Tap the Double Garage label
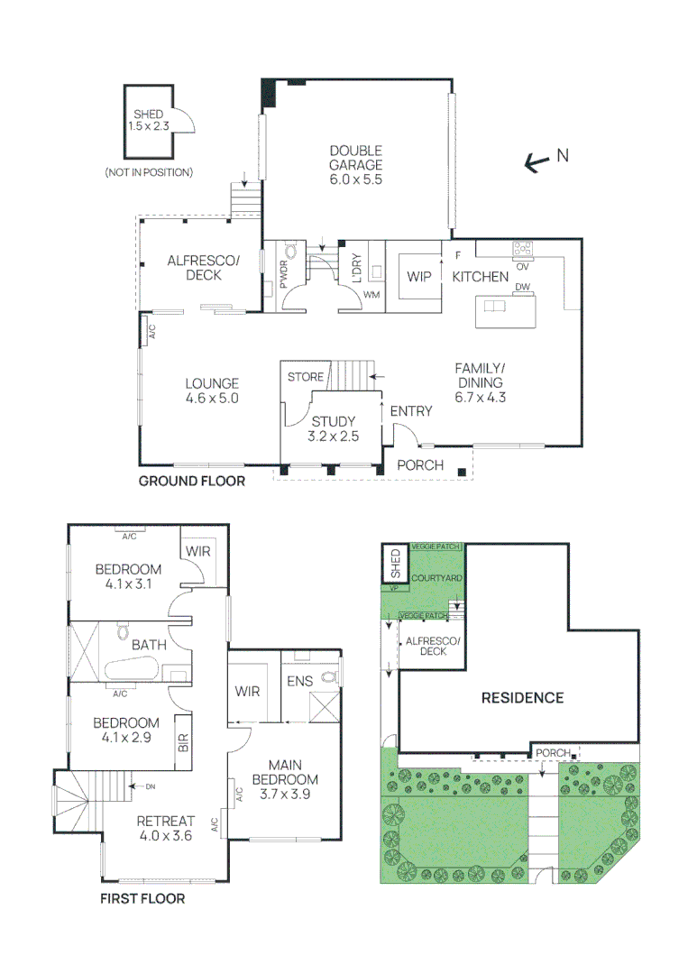click(x=355, y=165)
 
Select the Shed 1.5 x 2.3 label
click(x=149, y=121)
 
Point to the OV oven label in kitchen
click(x=521, y=266)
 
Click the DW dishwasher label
click(x=521, y=288)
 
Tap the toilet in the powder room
click(x=290, y=253)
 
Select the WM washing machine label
click(x=372, y=296)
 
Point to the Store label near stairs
click(x=305, y=377)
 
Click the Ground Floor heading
click(x=191, y=482)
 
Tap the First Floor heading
click(x=142, y=899)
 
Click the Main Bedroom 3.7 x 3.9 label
click(x=285, y=780)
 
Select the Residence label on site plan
click(x=521, y=697)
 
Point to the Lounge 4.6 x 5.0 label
click(x=213, y=391)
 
